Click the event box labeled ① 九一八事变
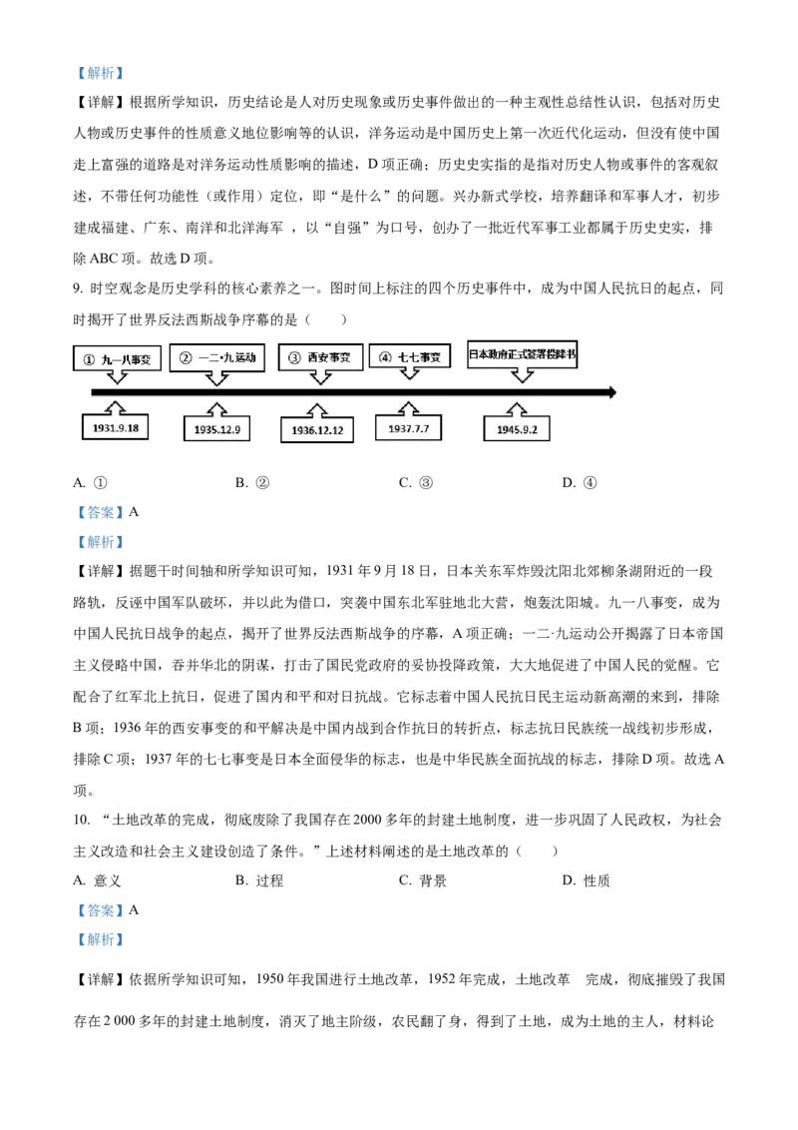click(117, 359)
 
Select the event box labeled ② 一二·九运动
click(216, 357)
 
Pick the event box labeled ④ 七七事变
click(409, 356)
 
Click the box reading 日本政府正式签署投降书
click(522, 354)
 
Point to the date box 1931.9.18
click(116, 427)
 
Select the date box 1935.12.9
click(216, 429)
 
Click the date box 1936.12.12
click(317, 430)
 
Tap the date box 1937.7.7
click(408, 428)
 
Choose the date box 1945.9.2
click(517, 429)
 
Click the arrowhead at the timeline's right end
click(612, 392)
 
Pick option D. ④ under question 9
click(580, 483)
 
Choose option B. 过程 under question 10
click(259, 880)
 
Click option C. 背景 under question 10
click(423, 880)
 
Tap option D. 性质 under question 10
click(587, 880)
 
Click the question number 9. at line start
click(78, 288)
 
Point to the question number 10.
click(82, 820)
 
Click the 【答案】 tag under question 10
click(100, 910)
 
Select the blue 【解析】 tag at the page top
click(100, 73)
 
